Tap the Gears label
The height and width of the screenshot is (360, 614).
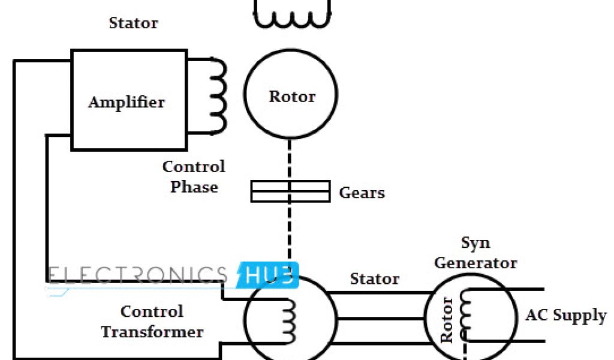click(x=362, y=193)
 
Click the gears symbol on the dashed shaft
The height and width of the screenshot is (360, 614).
click(x=290, y=191)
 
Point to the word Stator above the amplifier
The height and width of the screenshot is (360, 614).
click(x=133, y=23)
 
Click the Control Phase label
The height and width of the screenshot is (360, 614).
click(x=194, y=176)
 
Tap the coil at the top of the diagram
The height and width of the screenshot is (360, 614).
click(x=292, y=18)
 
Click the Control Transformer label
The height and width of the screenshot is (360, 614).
click(x=152, y=322)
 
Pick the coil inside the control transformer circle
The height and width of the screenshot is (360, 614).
click(x=289, y=318)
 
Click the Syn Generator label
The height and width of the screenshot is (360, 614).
click(x=475, y=253)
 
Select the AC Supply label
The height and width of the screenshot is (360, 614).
click(x=566, y=316)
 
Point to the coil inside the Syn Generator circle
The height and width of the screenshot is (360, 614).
click(x=465, y=316)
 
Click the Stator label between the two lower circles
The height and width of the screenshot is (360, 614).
click(x=375, y=279)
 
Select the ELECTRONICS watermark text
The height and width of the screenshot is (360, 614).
click(x=138, y=275)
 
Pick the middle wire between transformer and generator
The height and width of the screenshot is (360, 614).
click(x=381, y=318)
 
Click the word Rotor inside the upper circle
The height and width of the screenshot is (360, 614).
click(x=292, y=96)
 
